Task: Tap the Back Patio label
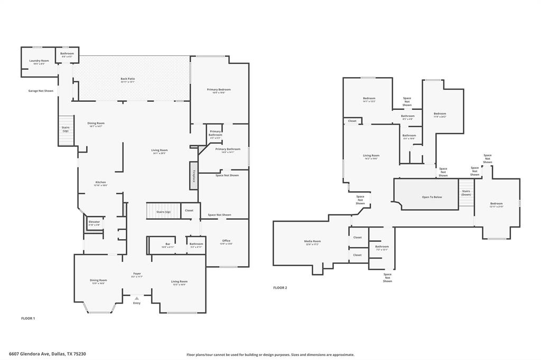pos(128,79)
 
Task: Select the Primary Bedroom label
pos(218,90)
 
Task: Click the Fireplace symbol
pos(193,175)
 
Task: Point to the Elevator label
pos(94,222)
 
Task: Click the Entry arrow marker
pos(137,299)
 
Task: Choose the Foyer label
pos(137,274)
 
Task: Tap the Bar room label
pos(167,244)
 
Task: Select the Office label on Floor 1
pos(226,241)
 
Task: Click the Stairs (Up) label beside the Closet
pos(163,211)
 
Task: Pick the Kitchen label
pos(100,183)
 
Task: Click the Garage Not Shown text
pos(41,91)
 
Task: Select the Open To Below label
pos(432,197)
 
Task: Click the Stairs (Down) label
pos(466,193)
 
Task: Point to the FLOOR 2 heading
pos(280,288)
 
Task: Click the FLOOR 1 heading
pos(27,318)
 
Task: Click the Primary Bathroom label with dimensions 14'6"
pos(228,149)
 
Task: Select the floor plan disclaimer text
pos(270,355)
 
